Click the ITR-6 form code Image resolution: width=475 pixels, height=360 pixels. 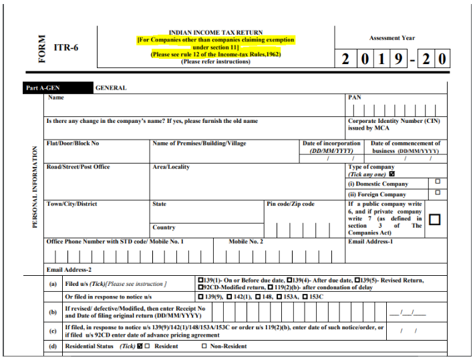pos(65,48)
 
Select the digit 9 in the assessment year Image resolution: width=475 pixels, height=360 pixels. pos(398,59)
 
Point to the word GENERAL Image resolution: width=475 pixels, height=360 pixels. pos(111,87)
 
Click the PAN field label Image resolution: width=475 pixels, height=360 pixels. pos(355,98)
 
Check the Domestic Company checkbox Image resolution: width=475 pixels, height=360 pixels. pos(438,182)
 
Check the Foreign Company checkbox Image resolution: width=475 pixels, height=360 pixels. pos(438,192)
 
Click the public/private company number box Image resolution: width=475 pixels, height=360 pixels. pos(434,219)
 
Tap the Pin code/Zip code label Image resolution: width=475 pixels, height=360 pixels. pos(291,204)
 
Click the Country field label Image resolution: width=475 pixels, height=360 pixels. pos(164,228)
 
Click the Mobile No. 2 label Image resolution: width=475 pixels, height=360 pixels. pos(246,241)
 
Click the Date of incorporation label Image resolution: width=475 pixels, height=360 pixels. pos(331,144)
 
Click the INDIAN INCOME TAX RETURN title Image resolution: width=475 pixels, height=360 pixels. pos(216,32)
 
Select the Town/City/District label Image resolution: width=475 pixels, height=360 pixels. pos(71,204)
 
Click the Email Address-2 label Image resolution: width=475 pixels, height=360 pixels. pos(68,269)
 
